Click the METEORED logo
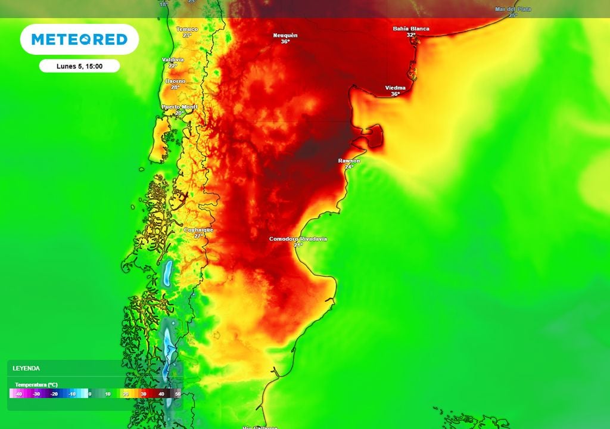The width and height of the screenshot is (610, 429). pyautogui.click(x=79, y=39)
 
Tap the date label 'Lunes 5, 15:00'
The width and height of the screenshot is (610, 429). pyautogui.click(x=79, y=66)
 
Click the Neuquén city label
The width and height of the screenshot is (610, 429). pyautogui.click(x=285, y=36)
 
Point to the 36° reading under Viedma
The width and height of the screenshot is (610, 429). pyautogui.click(x=395, y=94)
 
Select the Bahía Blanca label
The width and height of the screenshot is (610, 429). pyautogui.click(x=411, y=29)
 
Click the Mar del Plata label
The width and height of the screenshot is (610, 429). pyautogui.click(x=513, y=9)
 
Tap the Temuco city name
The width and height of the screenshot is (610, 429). pyautogui.click(x=187, y=29)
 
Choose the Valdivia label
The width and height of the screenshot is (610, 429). pyautogui.click(x=173, y=60)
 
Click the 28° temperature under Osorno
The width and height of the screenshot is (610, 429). pyautogui.click(x=175, y=88)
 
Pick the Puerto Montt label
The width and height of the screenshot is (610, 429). pyautogui.click(x=179, y=107)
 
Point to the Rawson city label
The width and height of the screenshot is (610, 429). pyautogui.click(x=348, y=161)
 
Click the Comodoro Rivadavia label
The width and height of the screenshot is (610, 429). pyautogui.click(x=298, y=239)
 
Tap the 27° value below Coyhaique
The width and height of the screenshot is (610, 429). pyautogui.click(x=199, y=236)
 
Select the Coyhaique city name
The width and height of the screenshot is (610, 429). pyautogui.click(x=198, y=229)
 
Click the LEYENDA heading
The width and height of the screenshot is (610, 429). pyautogui.click(x=26, y=368)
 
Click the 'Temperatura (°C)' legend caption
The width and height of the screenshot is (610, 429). pyautogui.click(x=36, y=384)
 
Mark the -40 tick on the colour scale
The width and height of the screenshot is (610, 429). pyautogui.click(x=18, y=394)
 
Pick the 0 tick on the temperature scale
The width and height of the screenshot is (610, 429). pyautogui.click(x=89, y=394)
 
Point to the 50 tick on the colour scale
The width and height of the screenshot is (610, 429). pyautogui.click(x=178, y=394)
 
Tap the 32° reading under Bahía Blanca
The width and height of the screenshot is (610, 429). pyautogui.click(x=411, y=35)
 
